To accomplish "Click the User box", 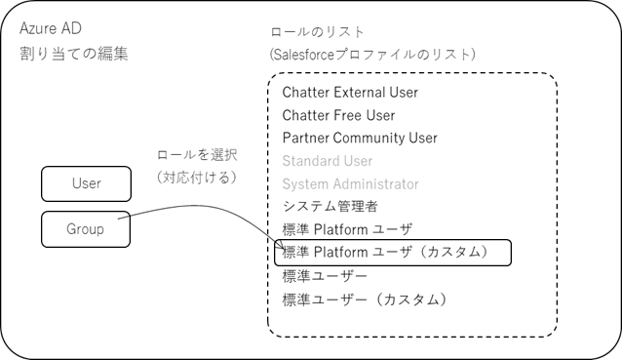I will pos(86,183).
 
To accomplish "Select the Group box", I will pos(86,230).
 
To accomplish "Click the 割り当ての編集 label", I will pos(73,53).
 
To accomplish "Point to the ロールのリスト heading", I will pos(317,32).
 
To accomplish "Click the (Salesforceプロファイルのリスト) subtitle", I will pos(372,55).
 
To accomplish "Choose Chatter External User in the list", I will pos(350,93).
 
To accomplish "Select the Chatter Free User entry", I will pos(338,115).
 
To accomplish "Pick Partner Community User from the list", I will pos(360,138).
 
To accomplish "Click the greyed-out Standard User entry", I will pos(328,160).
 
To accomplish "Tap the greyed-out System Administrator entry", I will pos(350,183).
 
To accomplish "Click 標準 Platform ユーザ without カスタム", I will pos(346,229).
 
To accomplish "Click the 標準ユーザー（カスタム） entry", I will pos(365,299).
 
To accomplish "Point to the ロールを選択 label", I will pos(197,155).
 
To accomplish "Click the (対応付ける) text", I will pos(197,177).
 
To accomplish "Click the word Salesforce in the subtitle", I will pos(310,55).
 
